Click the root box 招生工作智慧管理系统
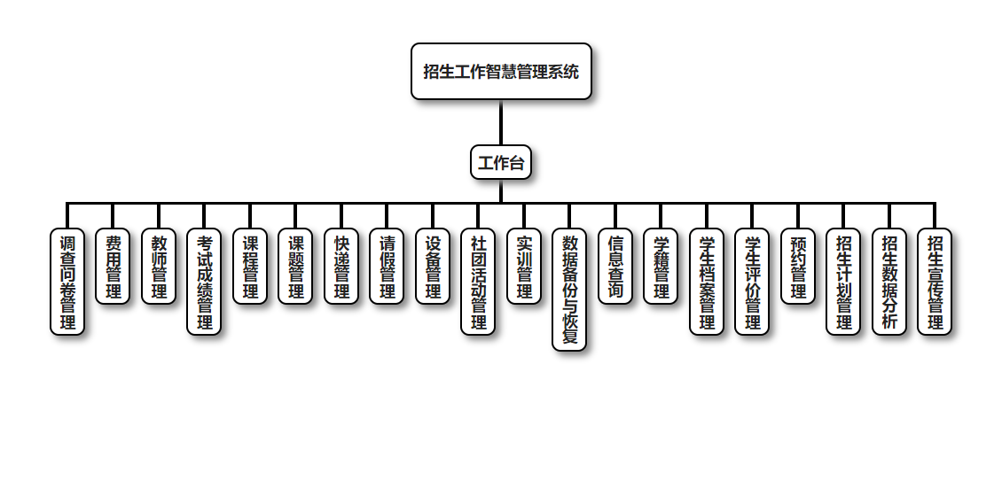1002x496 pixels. coord(501,72)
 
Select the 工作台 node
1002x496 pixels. coord(501,163)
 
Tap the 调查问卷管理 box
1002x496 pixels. coord(67,282)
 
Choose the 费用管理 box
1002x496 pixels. coord(113,267)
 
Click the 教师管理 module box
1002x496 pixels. coord(159,267)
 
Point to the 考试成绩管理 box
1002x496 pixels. coord(204,282)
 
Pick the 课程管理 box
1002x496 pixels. coord(250,267)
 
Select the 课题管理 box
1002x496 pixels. coord(295,267)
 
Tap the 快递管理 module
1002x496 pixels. coord(341,267)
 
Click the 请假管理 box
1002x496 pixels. coord(387,267)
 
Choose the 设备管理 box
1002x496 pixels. coord(433,267)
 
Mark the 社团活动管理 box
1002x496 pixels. coord(478,282)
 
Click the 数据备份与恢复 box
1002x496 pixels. coord(569,290)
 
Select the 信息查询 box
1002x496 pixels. coord(615,267)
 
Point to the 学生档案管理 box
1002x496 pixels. coord(707,282)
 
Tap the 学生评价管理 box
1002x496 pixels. coord(752,282)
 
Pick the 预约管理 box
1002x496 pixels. coord(798,267)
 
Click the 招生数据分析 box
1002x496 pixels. coord(889,282)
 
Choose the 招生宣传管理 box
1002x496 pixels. coord(935,282)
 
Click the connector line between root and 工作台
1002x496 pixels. coord(501,122)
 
